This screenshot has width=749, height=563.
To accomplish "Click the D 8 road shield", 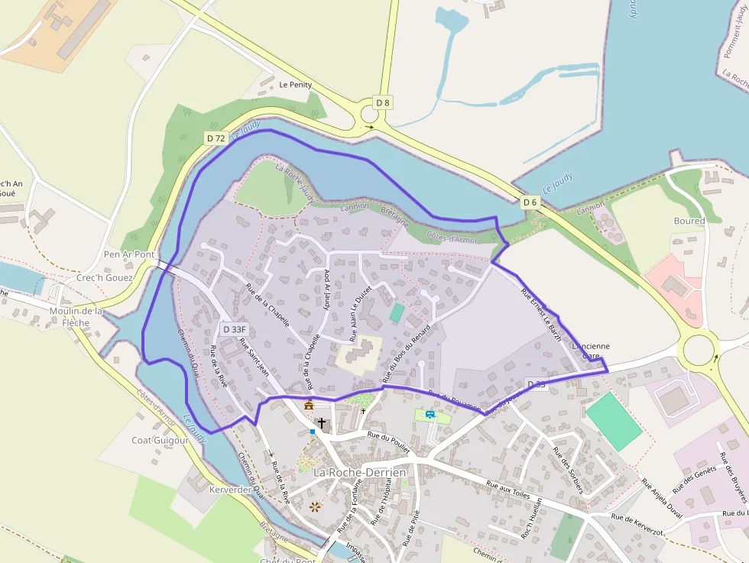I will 383,102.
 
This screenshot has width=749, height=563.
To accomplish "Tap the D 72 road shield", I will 216,138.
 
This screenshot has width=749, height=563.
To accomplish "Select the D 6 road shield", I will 530,202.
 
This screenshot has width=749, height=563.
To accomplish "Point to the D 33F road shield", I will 235,329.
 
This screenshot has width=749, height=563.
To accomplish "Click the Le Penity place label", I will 295,85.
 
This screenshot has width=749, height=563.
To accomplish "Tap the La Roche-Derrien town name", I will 359,473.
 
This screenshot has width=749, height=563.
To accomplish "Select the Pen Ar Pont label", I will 129,254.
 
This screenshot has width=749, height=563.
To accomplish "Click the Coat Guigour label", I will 160,440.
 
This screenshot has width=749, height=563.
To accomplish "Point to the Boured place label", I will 689,222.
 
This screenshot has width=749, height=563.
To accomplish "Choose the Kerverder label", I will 229,490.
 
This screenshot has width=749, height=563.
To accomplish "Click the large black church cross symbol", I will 322,422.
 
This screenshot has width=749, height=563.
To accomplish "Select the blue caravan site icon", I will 430,415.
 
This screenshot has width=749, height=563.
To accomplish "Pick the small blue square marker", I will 313,432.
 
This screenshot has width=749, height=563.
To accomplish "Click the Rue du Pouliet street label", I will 389,442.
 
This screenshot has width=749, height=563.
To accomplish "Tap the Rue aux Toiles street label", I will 507,489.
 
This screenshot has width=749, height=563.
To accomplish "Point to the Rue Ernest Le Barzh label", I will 541,314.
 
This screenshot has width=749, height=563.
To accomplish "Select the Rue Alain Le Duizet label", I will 360,313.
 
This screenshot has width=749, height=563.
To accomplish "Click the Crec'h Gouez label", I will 105,278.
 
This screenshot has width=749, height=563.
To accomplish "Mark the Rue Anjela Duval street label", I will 661,499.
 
